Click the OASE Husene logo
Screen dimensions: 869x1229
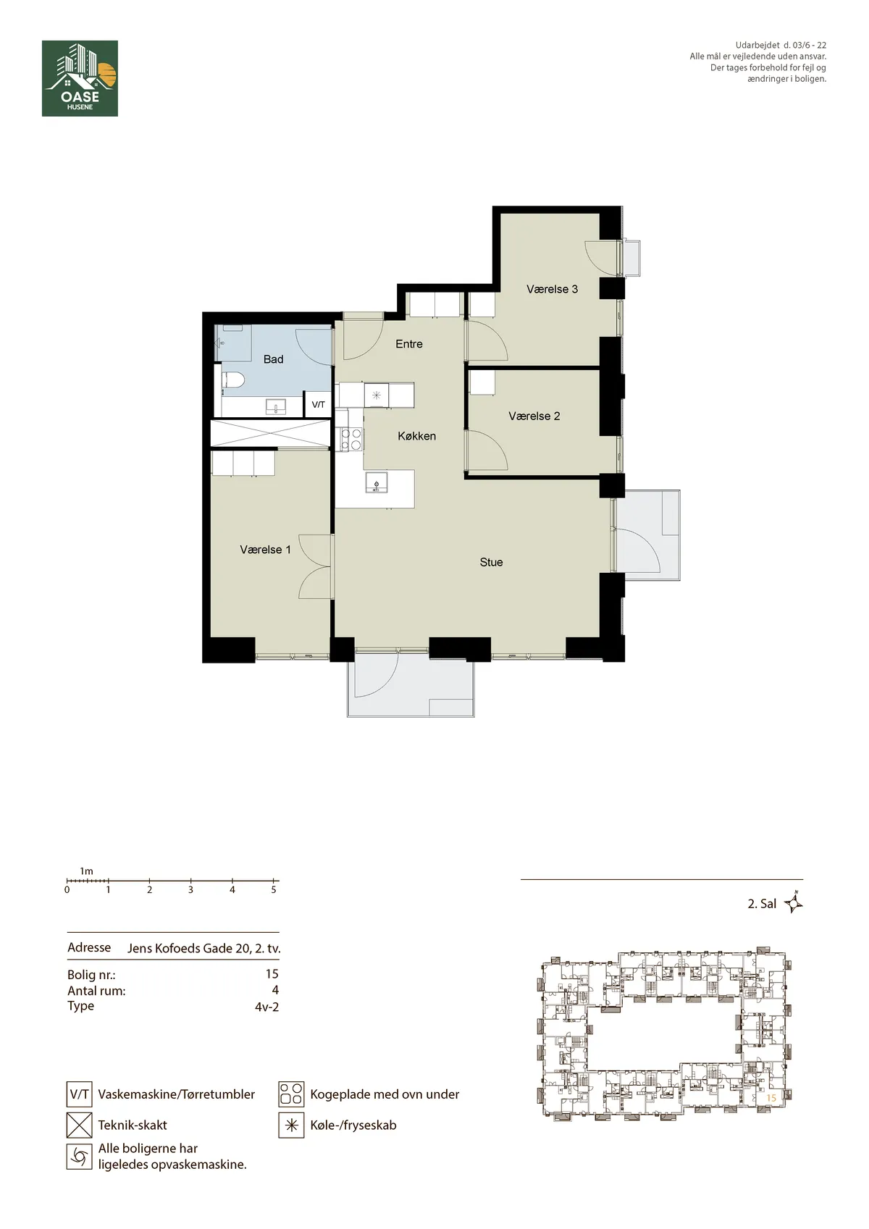80,78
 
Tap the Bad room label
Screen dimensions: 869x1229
273,359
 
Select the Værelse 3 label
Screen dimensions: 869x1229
552,289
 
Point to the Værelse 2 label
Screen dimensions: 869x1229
534,416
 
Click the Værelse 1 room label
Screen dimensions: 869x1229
266,550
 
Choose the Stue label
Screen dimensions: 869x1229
491,563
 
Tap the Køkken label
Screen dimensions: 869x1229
417,436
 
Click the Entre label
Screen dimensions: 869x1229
409,344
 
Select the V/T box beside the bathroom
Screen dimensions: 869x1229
318,405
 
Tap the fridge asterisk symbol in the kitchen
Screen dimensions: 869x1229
377,395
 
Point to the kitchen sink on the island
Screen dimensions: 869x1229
377,482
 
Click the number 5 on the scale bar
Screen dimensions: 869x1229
274,890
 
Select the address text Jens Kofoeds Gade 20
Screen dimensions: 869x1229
189,949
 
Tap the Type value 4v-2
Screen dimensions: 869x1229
266,1006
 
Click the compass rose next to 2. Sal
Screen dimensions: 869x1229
793,903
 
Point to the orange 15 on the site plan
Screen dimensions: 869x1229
771,1098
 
